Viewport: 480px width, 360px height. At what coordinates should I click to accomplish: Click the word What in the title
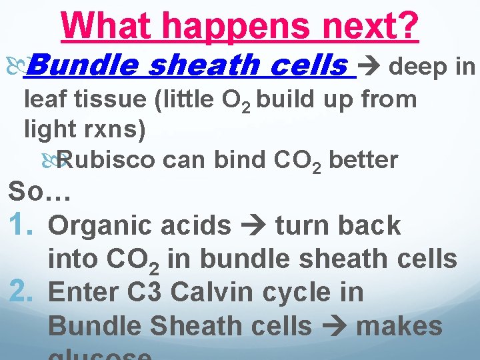coord(107,27)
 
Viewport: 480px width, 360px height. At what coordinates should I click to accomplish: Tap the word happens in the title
coord(231,27)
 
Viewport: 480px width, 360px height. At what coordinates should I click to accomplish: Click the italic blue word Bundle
coord(83,65)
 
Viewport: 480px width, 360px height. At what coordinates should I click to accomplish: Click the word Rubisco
coord(107,160)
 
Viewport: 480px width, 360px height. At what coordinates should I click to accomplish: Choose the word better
coord(363,160)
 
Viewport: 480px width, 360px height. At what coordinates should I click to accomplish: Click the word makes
coord(400,326)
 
